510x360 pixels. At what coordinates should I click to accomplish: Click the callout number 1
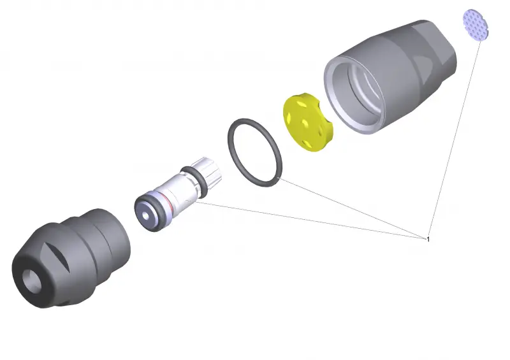click(x=428, y=240)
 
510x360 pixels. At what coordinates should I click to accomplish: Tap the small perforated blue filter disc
click(x=476, y=25)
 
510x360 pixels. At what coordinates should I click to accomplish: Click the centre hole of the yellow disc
click(x=305, y=122)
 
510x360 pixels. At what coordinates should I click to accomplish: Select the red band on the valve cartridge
click(x=168, y=202)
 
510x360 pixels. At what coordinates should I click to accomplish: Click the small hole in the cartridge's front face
click(x=146, y=216)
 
